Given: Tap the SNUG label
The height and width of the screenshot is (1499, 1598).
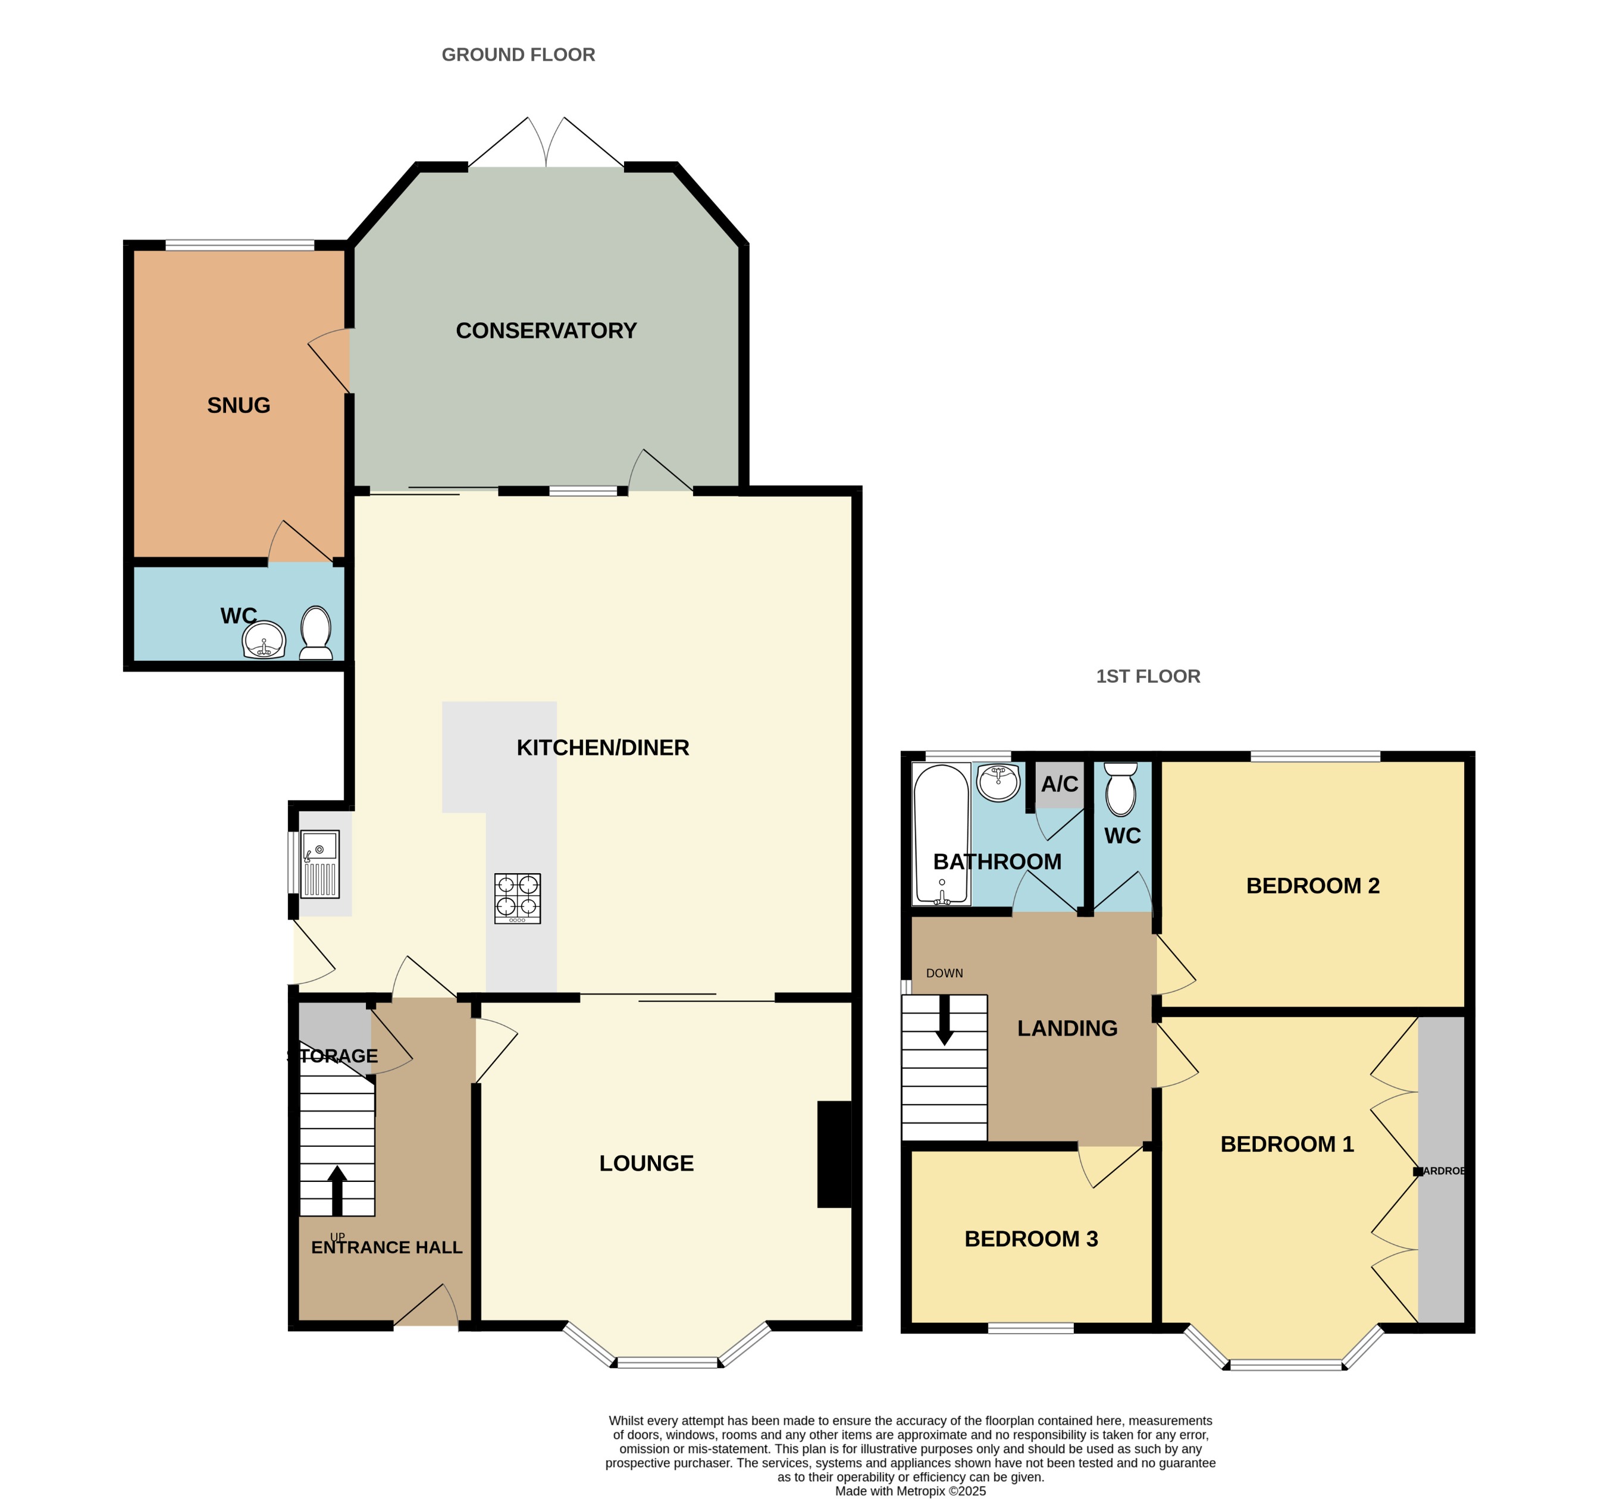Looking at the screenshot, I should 239,405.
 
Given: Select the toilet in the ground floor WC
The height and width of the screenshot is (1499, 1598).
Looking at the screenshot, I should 316,634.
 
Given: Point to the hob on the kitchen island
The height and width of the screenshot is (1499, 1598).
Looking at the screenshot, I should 518,899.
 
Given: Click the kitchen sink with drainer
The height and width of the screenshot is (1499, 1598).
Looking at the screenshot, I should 320,864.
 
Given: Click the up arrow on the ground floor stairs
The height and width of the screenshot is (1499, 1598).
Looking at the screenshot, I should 337,1190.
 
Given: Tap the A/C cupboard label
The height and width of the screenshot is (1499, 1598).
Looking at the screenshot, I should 1060,785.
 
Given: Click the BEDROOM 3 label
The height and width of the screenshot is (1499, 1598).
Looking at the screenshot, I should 1031,1238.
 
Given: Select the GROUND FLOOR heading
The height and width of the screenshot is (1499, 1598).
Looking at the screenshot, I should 518,55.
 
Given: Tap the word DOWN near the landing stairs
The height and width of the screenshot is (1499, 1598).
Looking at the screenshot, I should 945,973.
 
